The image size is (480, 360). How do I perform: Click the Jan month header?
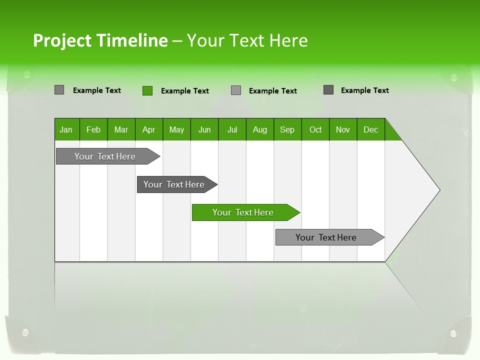pyautogui.click(x=66, y=129)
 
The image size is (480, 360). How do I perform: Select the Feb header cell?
pyautogui.click(x=93, y=129)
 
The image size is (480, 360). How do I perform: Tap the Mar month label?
pyautogui.click(x=121, y=129)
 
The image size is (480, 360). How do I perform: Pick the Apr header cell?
pyautogui.click(x=149, y=129)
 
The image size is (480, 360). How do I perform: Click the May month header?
pyautogui.click(x=176, y=129)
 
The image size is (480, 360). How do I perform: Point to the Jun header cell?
pyautogui.click(x=204, y=129)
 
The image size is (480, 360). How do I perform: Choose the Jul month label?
pyautogui.click(x=232, y=129)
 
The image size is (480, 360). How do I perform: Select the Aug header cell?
pyautogui.click(x=260, y=129)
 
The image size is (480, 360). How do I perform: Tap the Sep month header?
pyautogui.click(x=287, y=129)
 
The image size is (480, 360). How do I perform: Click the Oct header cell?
pyautogui.click(x=315, y=129)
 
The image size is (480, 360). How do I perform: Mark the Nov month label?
pyautogui.click(x=343, y=129)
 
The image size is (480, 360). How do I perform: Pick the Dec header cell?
pyautogui.click(x=371, y=129)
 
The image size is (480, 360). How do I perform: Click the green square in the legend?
pyautogui.click(x=147, y=90)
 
